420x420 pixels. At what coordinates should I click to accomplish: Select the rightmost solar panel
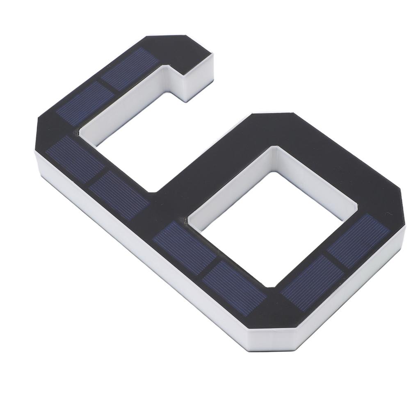[x=358, y=240]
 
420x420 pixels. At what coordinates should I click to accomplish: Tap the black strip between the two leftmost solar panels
[x=96, y=177]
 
